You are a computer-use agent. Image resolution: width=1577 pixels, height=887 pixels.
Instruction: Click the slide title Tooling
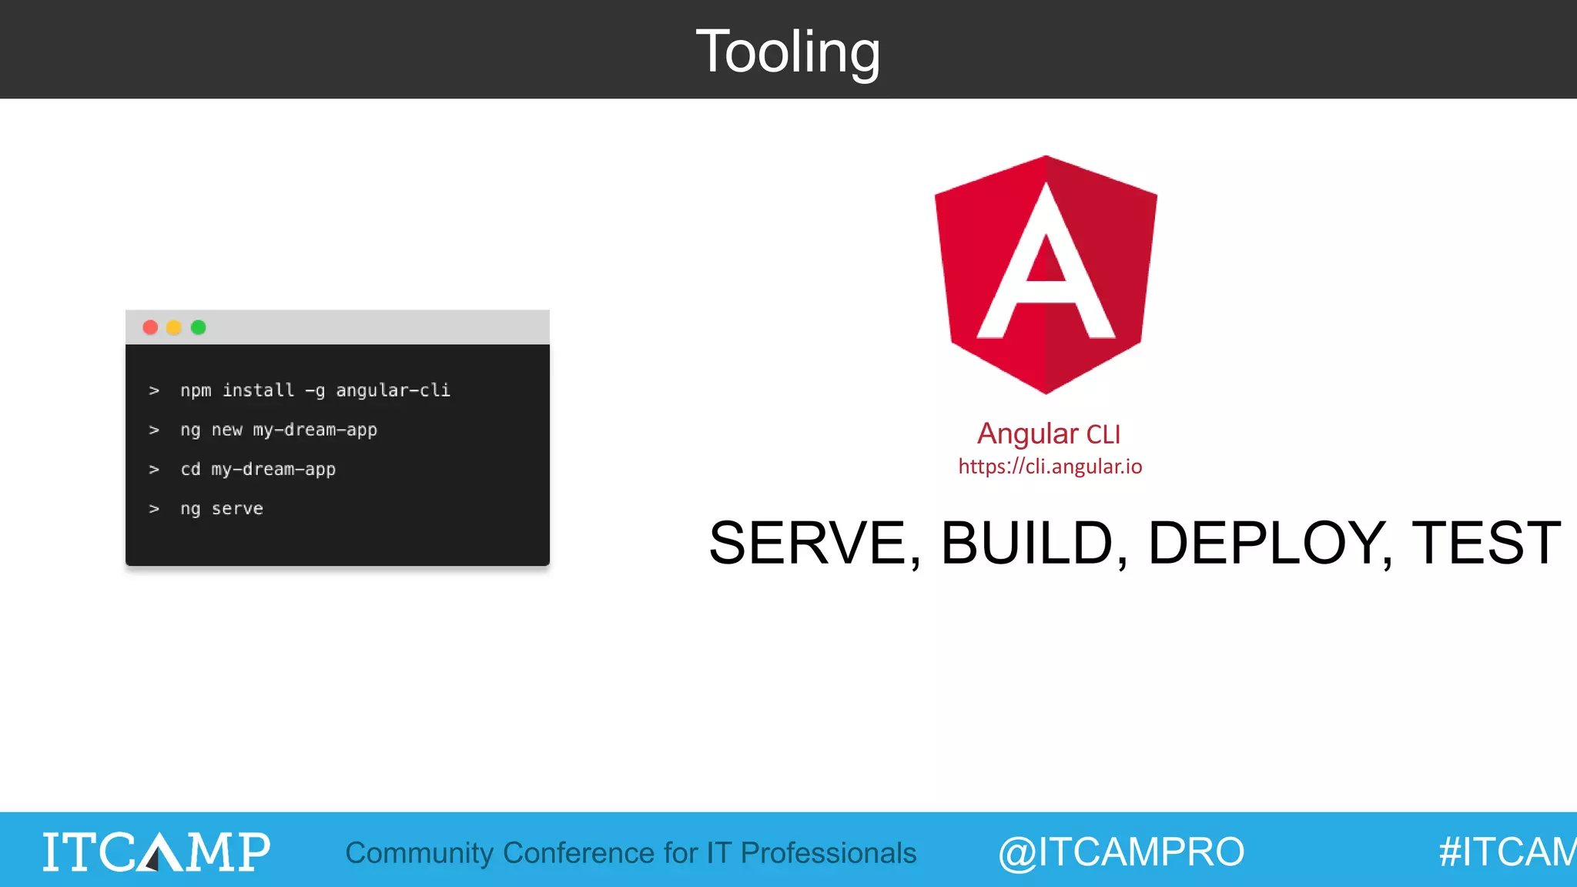(788, 52)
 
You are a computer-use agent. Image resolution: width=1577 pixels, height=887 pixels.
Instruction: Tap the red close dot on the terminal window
(150, 327)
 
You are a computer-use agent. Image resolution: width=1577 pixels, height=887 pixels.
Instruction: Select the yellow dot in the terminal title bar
(174, 327)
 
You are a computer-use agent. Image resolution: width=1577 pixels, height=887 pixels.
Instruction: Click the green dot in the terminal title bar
(198, 327)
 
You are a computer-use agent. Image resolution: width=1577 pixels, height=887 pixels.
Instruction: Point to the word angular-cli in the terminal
(393, 390)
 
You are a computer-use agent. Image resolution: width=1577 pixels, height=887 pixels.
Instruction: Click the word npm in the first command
(196, 390)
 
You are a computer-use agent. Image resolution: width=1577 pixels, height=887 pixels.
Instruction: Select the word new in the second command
(227, 430)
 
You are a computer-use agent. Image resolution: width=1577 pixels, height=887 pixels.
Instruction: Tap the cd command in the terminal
(190, 469)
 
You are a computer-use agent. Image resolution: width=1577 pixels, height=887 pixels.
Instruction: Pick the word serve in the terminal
(237, 508)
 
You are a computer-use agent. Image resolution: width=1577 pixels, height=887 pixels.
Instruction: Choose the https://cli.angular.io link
(1050, 467)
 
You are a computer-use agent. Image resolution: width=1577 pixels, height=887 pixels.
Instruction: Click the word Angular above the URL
(1027, 433)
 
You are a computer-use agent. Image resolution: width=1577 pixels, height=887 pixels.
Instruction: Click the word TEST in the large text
(1486, 544)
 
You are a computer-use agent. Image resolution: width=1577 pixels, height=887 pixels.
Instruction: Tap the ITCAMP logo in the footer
(156, 852)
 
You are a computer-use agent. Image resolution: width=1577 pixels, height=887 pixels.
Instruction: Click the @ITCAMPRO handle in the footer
(1121, 852)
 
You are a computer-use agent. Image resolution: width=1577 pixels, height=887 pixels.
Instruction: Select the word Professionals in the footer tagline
(829, 853)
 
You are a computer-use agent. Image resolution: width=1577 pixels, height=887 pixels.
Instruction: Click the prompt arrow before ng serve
(154, 509)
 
